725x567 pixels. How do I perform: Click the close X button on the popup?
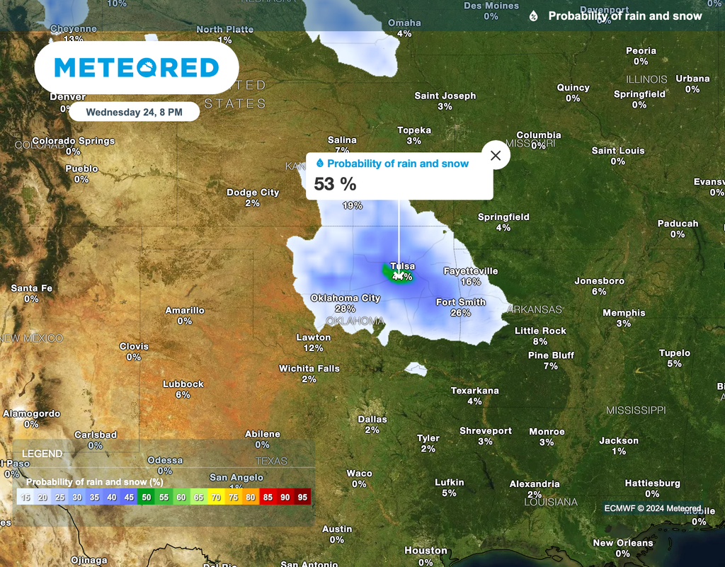click(496, 156)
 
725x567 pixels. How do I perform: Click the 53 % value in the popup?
click(335, 185)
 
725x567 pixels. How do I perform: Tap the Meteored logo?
click(137, 68)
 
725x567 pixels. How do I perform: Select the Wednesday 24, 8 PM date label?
click(135, 112)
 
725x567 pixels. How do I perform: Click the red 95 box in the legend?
click(302, 497)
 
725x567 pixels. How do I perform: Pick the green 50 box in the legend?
click(147, 497)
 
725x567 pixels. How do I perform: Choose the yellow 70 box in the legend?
click(215, 497)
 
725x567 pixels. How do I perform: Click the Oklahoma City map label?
click(346, 298)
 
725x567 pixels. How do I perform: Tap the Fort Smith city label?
click(461, 302)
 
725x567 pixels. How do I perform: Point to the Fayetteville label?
click(471, 271)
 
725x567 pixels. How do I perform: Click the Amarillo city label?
click(185, 310)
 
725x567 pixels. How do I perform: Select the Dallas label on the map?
click(372, 419)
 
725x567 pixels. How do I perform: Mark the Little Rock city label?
click(540, 331)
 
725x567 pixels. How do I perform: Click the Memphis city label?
click(624, 313)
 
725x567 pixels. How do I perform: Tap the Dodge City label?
click(253, 193)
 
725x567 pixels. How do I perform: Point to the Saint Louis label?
click(618, 151)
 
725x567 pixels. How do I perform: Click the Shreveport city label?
click(486, 431)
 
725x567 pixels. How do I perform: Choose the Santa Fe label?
click(32, 288)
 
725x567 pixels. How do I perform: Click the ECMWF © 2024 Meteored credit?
click(652, 508)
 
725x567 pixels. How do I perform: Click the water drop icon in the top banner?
click(534, 16)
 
